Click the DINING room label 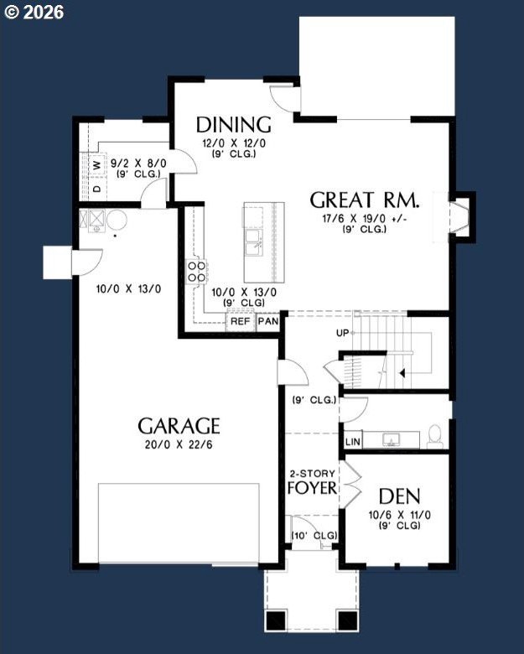(x=234, y=125)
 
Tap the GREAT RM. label (x=364, y=200)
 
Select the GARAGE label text (x=179, y=426)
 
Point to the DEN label (x=399, y=496)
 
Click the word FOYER (x=312, y=488)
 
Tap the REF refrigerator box (x=241, y=321)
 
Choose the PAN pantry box (x=267, y=321)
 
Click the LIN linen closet (x=353, y=441)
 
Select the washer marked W (x=97, y=165)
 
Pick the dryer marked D (x=97, y=189)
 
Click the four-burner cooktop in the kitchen (x=197, y=272)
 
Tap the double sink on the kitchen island (x=254, y=242)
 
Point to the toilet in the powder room (x=435, y=436)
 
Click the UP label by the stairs (x=343, y=333)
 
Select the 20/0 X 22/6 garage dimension (x=179, y=444)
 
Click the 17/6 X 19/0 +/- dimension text (x=365, y=219)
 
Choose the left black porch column (x=276, y=620)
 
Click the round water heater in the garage (x=117, y=221)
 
